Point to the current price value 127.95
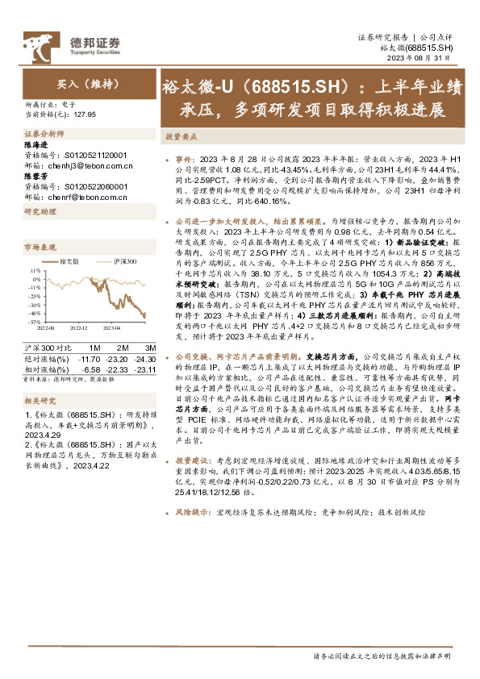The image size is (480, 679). [85, 115]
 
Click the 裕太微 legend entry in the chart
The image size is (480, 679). [71, 262]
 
